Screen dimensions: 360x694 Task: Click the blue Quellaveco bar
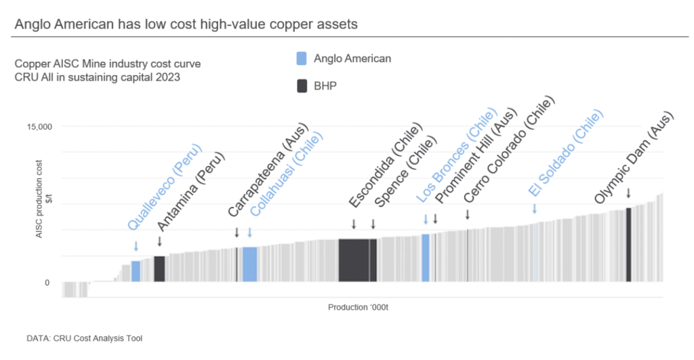[136, 271]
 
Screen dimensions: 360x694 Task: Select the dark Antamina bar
[160, 268]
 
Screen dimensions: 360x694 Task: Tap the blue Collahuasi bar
[250, 264]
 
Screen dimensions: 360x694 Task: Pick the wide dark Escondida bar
[354, 260]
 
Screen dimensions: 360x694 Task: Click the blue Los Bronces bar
[426, 258]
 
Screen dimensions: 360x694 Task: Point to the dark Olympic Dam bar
[629, 245]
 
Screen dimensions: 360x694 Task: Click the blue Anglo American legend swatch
[302, 58]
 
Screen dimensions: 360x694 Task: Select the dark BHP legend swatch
[302, 86]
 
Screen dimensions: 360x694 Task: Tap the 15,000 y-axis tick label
[38, 127]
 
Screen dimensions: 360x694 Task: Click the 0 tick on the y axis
[47, 283]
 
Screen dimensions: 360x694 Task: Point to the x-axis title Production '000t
[358, 307]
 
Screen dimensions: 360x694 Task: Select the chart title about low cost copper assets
[186, 24]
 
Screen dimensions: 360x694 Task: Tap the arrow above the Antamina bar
[159, 241]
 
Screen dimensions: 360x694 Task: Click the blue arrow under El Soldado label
[535, 209]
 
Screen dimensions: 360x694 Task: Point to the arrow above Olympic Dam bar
[629, 193]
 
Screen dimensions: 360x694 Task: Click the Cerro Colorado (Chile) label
[509, 149]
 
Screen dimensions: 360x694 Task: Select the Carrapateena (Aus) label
[268, 169]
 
